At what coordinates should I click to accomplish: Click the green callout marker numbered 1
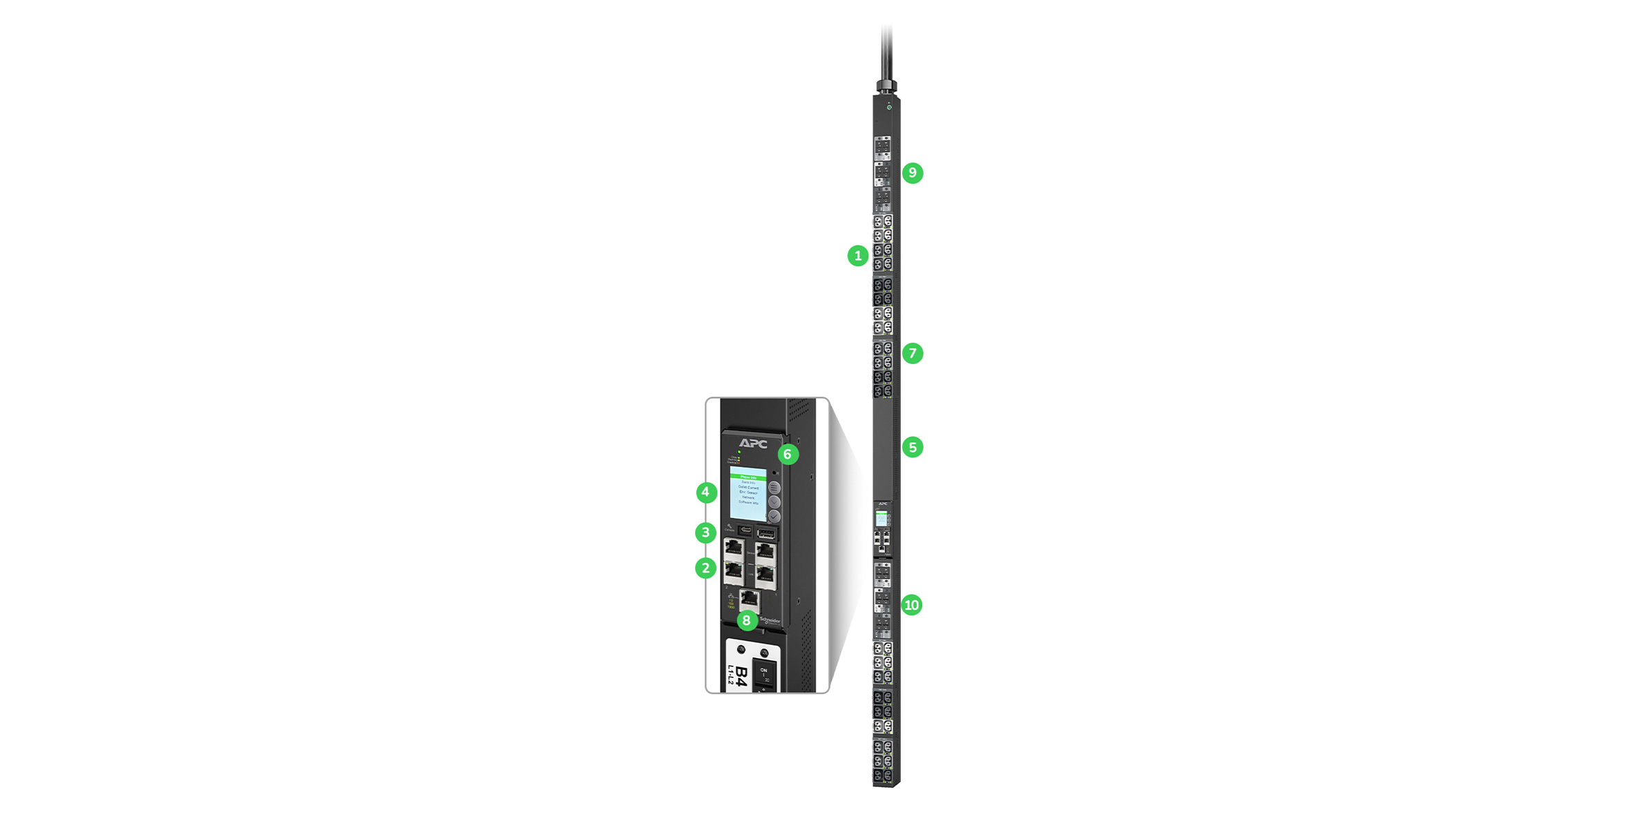click(x=858, y=256)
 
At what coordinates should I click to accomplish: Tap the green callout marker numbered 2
click(x=705, y=568)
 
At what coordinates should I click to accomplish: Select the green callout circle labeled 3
click(x=705, y=533)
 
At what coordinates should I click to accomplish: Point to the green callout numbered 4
click(x=705, y=493)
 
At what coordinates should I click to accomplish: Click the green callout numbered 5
click(x=913, y=448)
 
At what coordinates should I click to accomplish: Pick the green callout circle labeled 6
click(x=788, y=455)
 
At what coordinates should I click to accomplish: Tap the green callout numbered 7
click(x=913, y=354)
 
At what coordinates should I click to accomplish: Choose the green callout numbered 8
click(x=747, y=621)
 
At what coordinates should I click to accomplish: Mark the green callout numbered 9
click(x=913, y=173)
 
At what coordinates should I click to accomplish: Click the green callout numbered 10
click(x=912, y=606)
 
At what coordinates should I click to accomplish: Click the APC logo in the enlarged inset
click(x=752, y=444)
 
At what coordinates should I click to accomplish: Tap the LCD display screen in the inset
click(x=748, y=493)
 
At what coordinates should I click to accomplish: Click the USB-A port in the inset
click(x=766, y=533)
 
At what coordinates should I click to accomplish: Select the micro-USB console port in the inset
click(x=745, y=530)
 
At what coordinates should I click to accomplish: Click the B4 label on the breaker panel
click(x=740, y=675)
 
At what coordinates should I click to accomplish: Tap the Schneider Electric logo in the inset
click(x=770, y=621)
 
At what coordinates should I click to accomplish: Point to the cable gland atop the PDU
click(x=887, y=86)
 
